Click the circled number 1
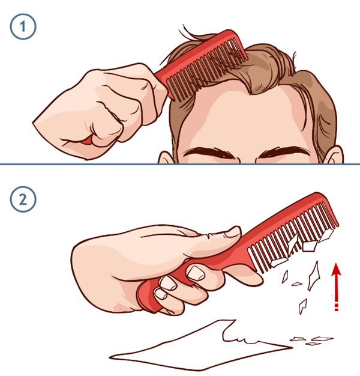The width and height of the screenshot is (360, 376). click(x=23, y=26)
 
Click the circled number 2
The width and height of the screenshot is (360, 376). click(x=23, y=199)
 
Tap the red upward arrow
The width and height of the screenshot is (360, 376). click(x=336, y=287)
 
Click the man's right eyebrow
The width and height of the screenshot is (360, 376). click(x=209, y=153)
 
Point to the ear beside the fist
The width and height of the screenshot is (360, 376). click(x=165, y=157)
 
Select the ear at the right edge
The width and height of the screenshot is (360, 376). click(x=335, y=155)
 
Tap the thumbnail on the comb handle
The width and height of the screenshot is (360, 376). click(x=232, y=232)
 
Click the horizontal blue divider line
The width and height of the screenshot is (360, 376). click(x=180, y=164)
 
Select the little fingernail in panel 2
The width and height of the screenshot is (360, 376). click(x=160, y=294)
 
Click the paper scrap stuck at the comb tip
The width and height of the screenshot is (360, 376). click(x=326, y=234)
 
